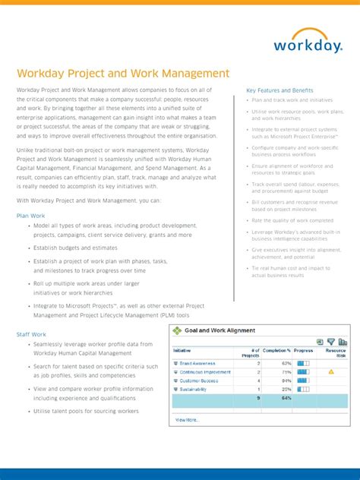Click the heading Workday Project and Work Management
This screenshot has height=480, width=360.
[123, 74]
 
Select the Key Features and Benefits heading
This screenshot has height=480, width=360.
[280, 90]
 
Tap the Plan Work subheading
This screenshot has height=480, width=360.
[31, 216]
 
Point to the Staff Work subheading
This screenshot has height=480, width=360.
[31, 334]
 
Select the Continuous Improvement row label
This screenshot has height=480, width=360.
[204, 372]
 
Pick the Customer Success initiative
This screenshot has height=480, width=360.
[199, 381]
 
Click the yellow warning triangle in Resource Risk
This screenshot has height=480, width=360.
[331, 372]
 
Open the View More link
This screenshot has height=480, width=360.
[187, 419]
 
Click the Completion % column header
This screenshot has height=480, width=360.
[277, 351]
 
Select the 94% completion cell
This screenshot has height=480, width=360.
[286, 381]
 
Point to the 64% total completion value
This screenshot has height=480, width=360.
[286, 398]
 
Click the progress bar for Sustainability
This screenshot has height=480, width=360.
[304, 389]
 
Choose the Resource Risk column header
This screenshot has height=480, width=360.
[336, 353]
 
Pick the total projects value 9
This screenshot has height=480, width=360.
[258, 398]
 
